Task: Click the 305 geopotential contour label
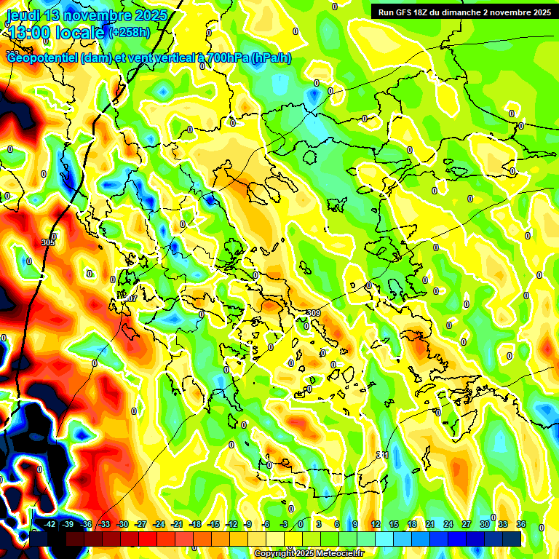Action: pyautogui.click(x=48, y=242)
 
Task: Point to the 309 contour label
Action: pyautogui.click(x=313, y=313)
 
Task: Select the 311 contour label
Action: pyautogui.click(x=382, y=455)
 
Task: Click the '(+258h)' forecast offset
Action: pyautogui.click(x=130, y=33)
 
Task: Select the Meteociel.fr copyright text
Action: pyautogui.click(x=309, y=554)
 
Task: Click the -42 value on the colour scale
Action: pyautogui.click(x=49, y=524)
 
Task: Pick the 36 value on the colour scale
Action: pyautogui.click(x=521, y=524)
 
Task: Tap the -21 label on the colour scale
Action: pyautogui.click(x=177, y=524)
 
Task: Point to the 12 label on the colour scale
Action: pyautogui.click(x=376, y=524)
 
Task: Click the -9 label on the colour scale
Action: pyautogui.click(x=248, y=524)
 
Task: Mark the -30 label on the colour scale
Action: pyautogui.click(x=122, y=524)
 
